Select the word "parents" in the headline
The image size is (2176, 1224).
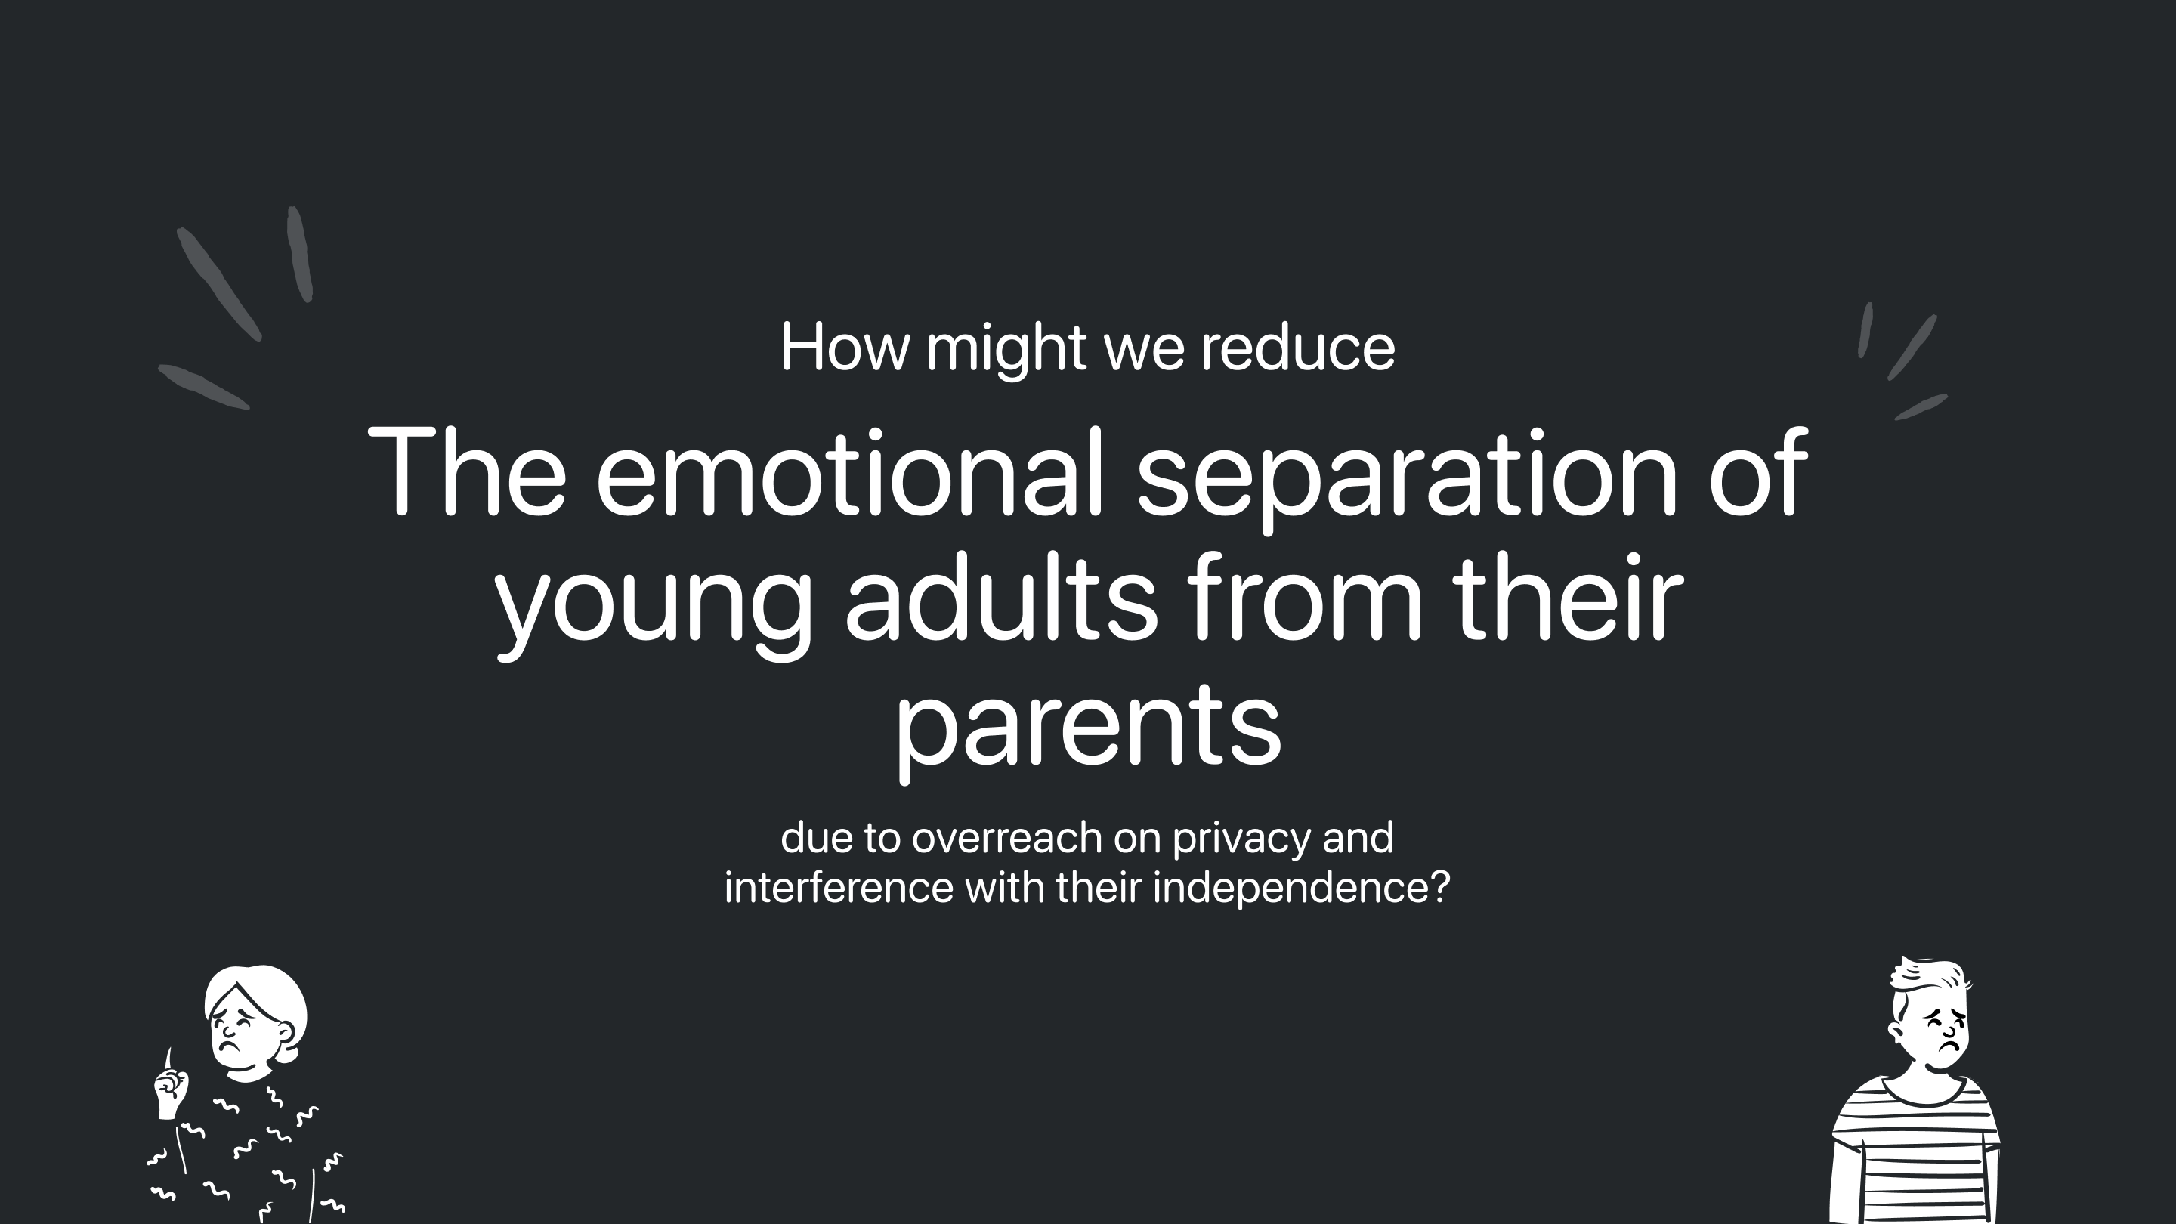[1088, 729]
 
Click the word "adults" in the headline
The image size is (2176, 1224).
[1001, 595]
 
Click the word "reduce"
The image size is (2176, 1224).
[1297, 346]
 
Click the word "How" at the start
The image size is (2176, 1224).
[845, 346]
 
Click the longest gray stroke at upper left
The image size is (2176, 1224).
[219, 284]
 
